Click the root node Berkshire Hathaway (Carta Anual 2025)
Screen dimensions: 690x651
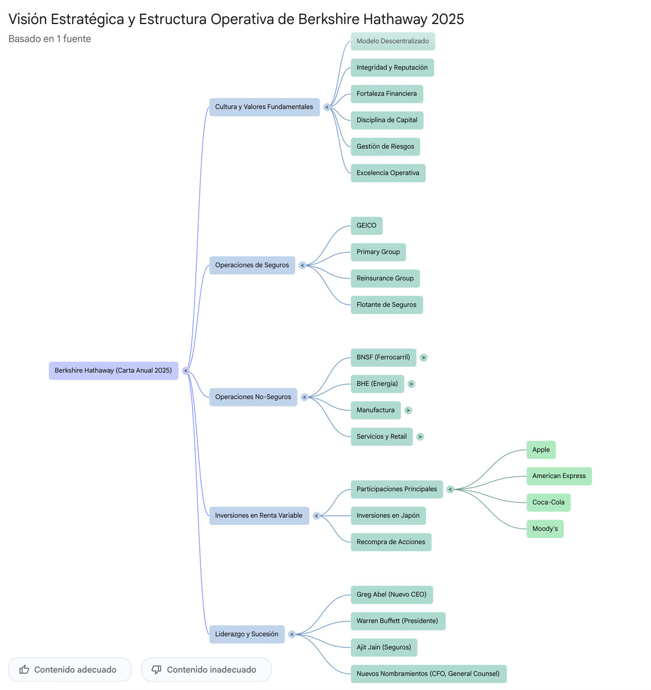[x=113, y=371]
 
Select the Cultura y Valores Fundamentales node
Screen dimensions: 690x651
[x=264, y=107]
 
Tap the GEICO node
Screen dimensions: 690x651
[x=366, y=226]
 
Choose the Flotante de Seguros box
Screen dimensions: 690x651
[x=386, y=304]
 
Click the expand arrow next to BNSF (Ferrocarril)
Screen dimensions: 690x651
[x=424, y=358]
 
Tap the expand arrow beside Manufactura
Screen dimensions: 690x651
[x=408, y=411]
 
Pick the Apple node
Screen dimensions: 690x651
[x=541, y=450]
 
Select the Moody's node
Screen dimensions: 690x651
[x=545, y=529]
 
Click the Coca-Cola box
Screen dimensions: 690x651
[x=548, y=503]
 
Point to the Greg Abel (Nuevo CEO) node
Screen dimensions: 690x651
[x=391, y=595]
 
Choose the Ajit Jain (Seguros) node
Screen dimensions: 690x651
[x=383, y=647]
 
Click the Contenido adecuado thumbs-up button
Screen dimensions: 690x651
[x=70, y=670]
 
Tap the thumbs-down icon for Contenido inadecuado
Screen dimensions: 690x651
[x=157, y=670]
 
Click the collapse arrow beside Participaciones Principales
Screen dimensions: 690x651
[x=450, y=489]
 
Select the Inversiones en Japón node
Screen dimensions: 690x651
[x=388, y=516]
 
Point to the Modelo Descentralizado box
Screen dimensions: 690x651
[x=392, y=41]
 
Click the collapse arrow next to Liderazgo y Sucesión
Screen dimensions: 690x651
[x=292, y=634]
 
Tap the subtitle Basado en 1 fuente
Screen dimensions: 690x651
[x=50, y=39]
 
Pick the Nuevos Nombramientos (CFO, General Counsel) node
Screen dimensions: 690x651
[x=428, y=674]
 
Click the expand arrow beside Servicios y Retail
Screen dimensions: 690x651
[x=420, y=437]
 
